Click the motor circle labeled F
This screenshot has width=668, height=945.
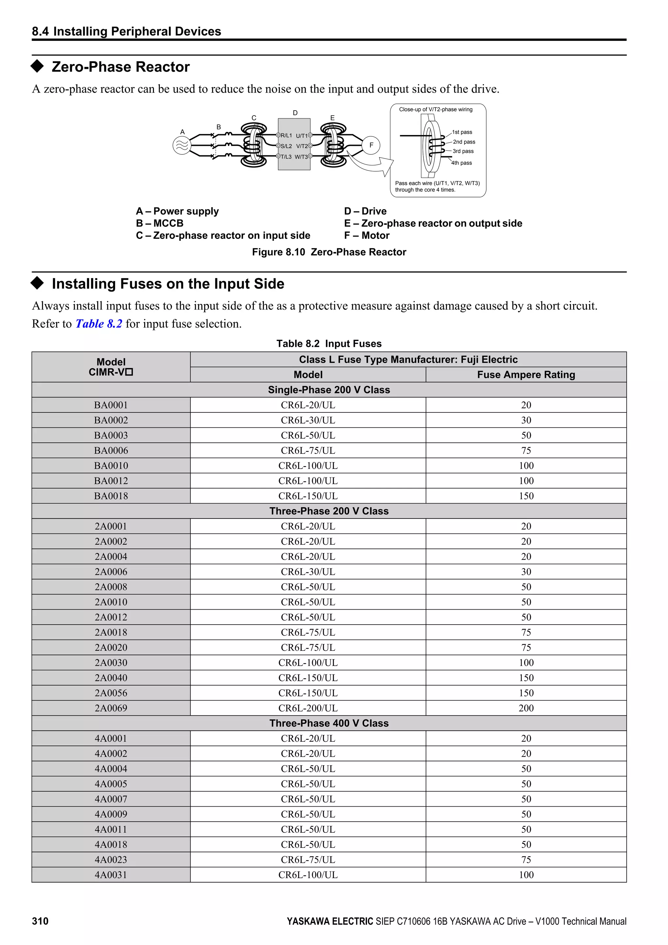point(371,145)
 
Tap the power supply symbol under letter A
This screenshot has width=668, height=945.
point(182,145)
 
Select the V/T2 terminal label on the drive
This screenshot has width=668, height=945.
point(302,146)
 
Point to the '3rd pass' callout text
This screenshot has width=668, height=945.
point(463,151)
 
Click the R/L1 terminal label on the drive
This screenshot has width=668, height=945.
point(286,135)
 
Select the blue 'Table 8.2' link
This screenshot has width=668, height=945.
point(99,324)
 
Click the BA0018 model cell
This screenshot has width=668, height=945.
point(111,496)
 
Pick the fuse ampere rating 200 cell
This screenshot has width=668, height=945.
point(526,708)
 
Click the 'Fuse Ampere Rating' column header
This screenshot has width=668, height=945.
point(526,375)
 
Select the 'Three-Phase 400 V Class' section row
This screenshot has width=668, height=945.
point(329,723)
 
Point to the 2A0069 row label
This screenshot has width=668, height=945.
point(111,708)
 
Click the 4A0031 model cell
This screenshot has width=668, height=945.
point(111,875)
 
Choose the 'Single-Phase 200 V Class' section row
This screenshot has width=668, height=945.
point(329,390)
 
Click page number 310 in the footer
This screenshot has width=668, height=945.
point(40,921)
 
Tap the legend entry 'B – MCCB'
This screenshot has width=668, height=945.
point(160,224)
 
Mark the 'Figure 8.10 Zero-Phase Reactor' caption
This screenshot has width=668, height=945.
point(329,252)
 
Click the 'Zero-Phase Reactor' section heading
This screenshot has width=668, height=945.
point(120,67)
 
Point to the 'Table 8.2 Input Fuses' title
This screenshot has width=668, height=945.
point(329,344)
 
